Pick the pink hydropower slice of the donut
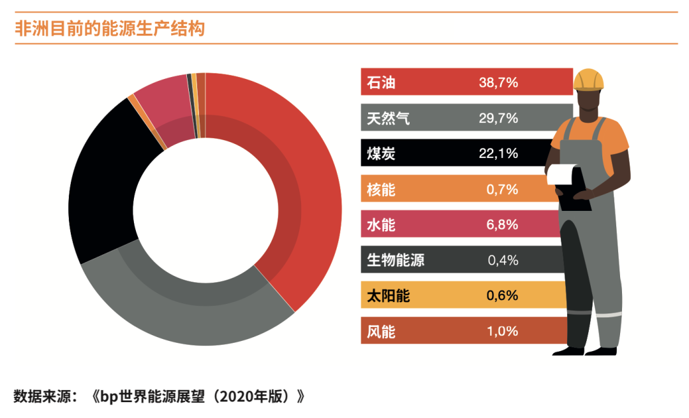click(x=163, y=102)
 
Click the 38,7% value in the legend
click(x=498, y=83)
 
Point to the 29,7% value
click(x=498, y=118)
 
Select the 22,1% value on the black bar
click(x=498, y=154)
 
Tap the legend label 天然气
click(x=389, y=118)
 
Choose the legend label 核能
click(x=382, y=189)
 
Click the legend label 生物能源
click(x=396, y=260)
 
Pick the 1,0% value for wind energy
click(x=498, y=331)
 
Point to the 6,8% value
click(x=498, y=225)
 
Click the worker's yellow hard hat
click(x=588, y=79)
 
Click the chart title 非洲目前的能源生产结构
click(x=110, y=29)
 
